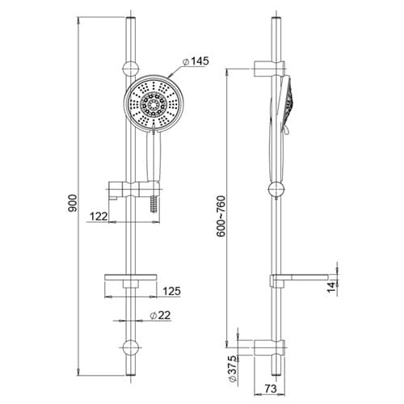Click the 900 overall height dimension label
72,203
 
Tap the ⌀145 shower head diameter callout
196,61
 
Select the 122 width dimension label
99,216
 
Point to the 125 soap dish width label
172,291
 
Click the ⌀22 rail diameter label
161,315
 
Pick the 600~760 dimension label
221,217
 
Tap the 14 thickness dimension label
332,286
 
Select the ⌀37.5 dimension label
233,368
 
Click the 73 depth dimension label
271,389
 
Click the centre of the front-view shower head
154,103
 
